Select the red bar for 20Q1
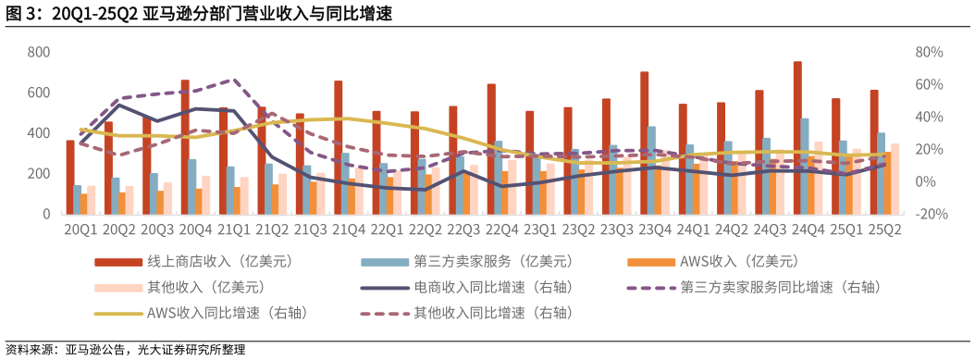(70, 177)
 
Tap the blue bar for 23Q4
(652, 170)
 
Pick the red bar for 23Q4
(645, 143)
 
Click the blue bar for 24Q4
(805, 166)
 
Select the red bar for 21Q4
(339, 147)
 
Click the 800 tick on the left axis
(38, 52)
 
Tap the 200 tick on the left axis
(38, 174)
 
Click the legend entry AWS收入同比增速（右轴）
(227, 313)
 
